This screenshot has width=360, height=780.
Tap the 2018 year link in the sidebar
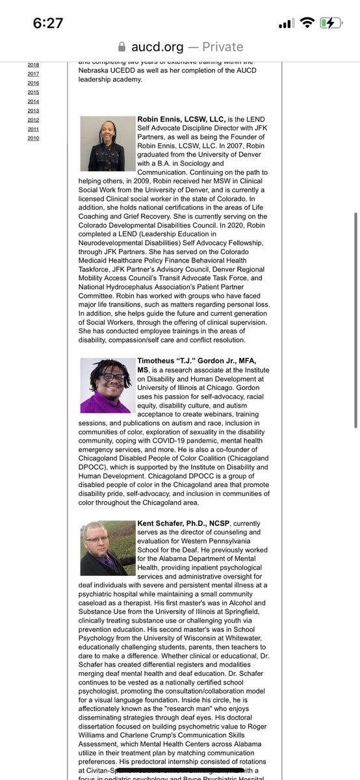[x=33, y=65]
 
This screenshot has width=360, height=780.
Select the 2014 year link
[x=33, y=101]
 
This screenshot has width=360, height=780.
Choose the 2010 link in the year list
[x=33, y=138]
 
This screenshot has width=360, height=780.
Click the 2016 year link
[x=33, y=83]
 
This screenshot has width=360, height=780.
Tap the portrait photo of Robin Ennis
[x=108, y=144]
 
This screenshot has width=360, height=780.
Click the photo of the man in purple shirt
[x=108, y=385]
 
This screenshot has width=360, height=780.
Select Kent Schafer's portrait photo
[x=108, y=548]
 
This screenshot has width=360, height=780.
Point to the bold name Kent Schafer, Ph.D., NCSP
[x=184, y=524]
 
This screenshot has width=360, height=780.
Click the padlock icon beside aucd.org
[x=121, y=47]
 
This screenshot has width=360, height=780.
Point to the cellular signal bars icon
[x=286, y=23]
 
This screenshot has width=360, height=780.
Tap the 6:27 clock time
[x=48, y=23]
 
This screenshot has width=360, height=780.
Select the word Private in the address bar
[x=222, y=47]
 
